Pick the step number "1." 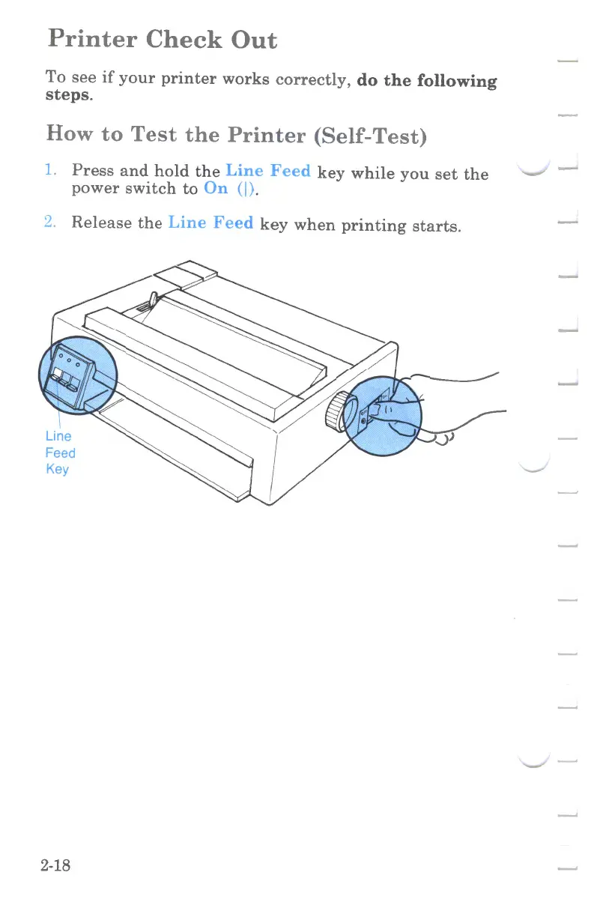tap(52, 171)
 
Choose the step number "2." tap(52, 223)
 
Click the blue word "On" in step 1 tap(216, 188)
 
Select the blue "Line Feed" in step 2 tap(210, 223)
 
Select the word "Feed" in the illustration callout tap(60, 453)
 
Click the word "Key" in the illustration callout tap(57, 469)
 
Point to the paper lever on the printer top tap(152, 301)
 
